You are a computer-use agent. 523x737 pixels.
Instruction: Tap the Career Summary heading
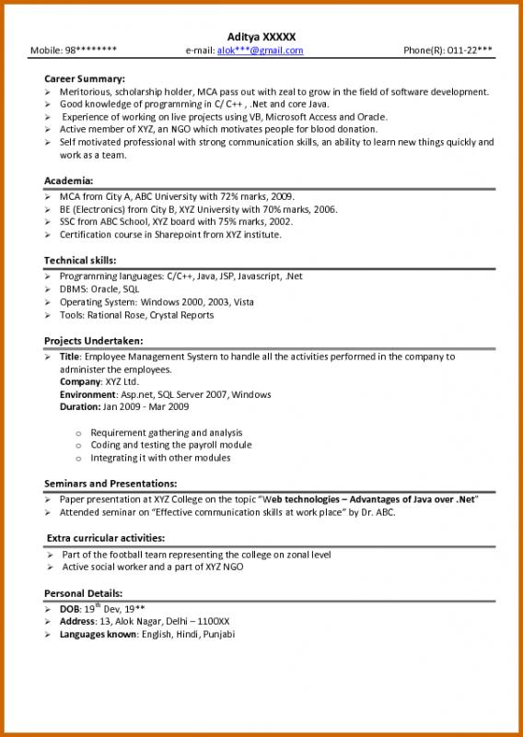point(85,79)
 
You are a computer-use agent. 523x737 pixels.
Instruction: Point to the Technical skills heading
point(80,261)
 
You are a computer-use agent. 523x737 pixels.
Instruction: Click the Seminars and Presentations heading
point(110,484)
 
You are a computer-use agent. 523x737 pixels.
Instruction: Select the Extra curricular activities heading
point(105,538)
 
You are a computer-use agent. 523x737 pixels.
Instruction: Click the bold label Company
point(80,381)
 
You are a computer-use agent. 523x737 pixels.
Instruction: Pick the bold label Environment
point(88,394)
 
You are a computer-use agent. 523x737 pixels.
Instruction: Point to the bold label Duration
point(80,406)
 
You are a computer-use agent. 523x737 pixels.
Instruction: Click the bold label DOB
point(70,610)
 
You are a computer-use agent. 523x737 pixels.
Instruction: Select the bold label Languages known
point(99,635)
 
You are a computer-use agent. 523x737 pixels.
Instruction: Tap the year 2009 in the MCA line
point(281,197)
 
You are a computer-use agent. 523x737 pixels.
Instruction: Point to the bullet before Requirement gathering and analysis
point(79,433)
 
